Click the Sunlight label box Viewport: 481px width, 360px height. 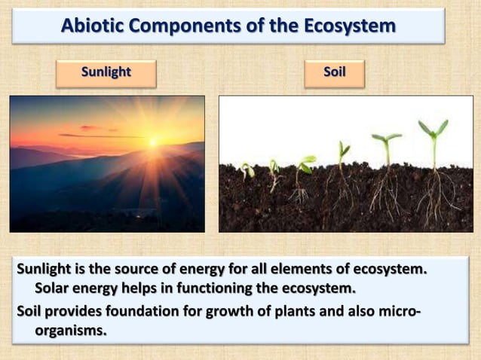pos(106,73)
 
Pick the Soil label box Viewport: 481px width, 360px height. pos(334,73)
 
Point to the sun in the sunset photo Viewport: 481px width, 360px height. pos(154,142)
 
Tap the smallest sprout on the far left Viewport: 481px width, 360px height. pos(247,170)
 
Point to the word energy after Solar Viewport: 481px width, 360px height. pos(107,289)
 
